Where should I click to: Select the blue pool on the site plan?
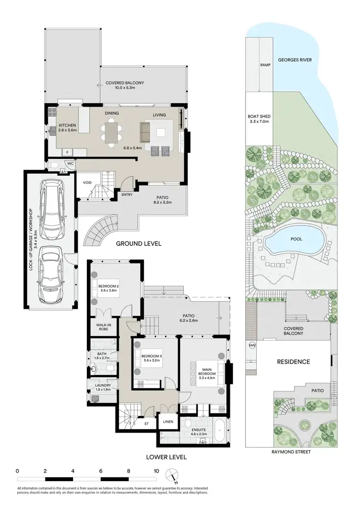point(294,240)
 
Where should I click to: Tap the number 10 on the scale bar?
point(156,471)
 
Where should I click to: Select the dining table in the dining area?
point(111,133)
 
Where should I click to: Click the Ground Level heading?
point(139,243)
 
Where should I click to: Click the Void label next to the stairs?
point(87,182)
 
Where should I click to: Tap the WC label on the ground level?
point(70,164)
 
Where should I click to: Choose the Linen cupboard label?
point(168,422)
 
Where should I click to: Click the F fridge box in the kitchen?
point(68,152)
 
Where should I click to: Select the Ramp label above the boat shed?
point(264,64)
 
